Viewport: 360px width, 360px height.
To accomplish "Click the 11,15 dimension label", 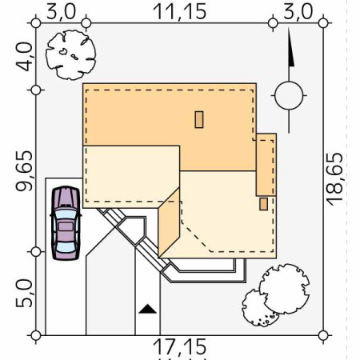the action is [180, 12].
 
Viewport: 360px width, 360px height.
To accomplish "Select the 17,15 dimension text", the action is [180, 347].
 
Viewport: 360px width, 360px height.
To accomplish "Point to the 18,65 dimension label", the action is [335, 179].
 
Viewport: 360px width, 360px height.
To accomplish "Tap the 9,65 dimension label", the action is [24, 171].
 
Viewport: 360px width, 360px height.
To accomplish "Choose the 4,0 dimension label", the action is [24, 57].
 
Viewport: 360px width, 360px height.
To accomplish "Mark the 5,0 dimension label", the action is [24, 294].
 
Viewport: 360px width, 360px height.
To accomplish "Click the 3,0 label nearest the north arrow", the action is [298, 12].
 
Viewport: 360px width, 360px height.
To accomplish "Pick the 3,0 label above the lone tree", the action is [61, 12].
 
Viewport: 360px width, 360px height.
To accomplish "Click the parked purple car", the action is [66, 223].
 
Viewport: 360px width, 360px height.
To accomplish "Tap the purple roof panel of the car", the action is [66, 226].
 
